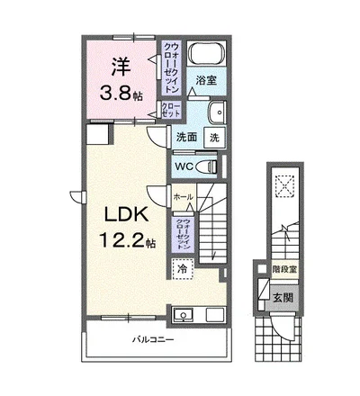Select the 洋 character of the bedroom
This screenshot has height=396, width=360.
coord(121,66)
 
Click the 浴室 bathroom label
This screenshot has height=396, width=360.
coord(206,80)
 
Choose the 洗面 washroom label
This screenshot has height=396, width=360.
coord(186,138)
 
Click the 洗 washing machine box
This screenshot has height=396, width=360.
coord(214,138)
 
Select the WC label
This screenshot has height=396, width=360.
coord(184,166)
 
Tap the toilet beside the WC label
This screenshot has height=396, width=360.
coord(211,166)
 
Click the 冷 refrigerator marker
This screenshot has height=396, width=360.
coord(182,269)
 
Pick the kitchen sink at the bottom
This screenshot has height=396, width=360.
coord(186,314)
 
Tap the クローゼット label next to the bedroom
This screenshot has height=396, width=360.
coord(171,111)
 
